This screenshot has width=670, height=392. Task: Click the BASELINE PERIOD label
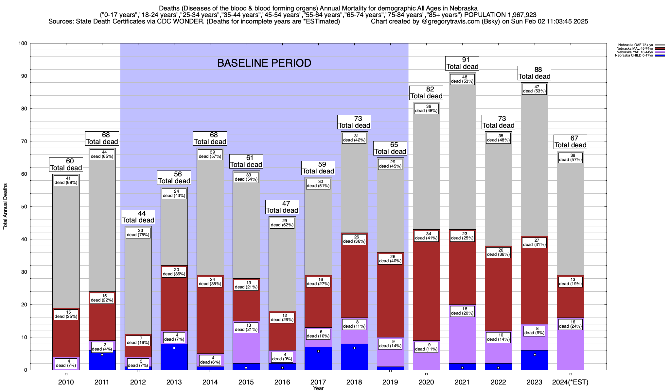click(x=264, y=63)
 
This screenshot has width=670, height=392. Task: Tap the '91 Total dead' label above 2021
click(x=462, y=63)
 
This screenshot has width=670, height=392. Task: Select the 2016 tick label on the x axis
click(x=282, y=382)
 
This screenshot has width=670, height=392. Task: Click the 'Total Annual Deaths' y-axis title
click(x=5, y=206)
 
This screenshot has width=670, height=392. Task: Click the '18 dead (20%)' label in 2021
click(x=462, y=311)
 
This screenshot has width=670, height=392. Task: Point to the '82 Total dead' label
click(x=426, y=93)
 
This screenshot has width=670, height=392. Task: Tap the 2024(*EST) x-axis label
click(x=570, y=382)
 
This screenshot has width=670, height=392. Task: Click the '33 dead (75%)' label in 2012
click(x=138, y=233)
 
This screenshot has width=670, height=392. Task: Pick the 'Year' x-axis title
click(x=318, y=388)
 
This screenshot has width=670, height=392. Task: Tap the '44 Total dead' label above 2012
click(x=138, y=217)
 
